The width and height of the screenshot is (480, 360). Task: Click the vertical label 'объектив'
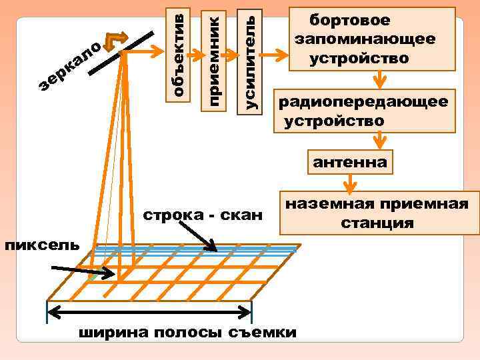178,52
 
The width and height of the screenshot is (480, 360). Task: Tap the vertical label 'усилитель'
251,57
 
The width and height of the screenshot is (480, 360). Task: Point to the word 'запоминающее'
365,39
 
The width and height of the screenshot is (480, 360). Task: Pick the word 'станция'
377,223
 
